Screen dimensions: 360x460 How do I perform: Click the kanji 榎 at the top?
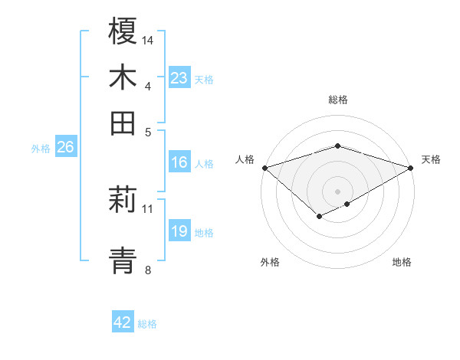(x=123, y=31)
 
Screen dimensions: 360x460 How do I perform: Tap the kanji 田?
(x=123, y=122)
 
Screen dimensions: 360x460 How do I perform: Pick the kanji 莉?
(x=123, y=201)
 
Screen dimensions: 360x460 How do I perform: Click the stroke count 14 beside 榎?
(x=148, y=39)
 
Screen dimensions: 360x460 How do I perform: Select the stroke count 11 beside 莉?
(x=148, y=208)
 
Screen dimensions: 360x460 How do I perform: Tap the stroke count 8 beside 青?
(x=148, y=269)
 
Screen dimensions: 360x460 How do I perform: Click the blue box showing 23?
(x=179, y=78)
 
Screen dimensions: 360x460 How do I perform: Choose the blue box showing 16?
(x=179, y=162)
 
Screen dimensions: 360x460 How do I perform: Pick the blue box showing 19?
(x=179, y=231)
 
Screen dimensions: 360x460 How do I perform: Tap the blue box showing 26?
(x=65, y=148)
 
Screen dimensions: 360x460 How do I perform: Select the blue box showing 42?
(x=123, y=322)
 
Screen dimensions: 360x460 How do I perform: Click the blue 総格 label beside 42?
(x=147, y=324)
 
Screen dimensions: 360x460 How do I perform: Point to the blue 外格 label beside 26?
(x=41, y=149)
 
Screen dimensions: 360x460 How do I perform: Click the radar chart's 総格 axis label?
(x=337, y=100)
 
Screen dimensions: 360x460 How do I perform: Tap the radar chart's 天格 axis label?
(x=431, y=159)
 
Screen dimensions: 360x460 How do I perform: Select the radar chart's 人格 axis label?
(x=245, y=159)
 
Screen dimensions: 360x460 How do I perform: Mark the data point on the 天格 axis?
(x=411, y=168)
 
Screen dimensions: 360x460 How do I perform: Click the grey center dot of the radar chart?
(x=337, y=191)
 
